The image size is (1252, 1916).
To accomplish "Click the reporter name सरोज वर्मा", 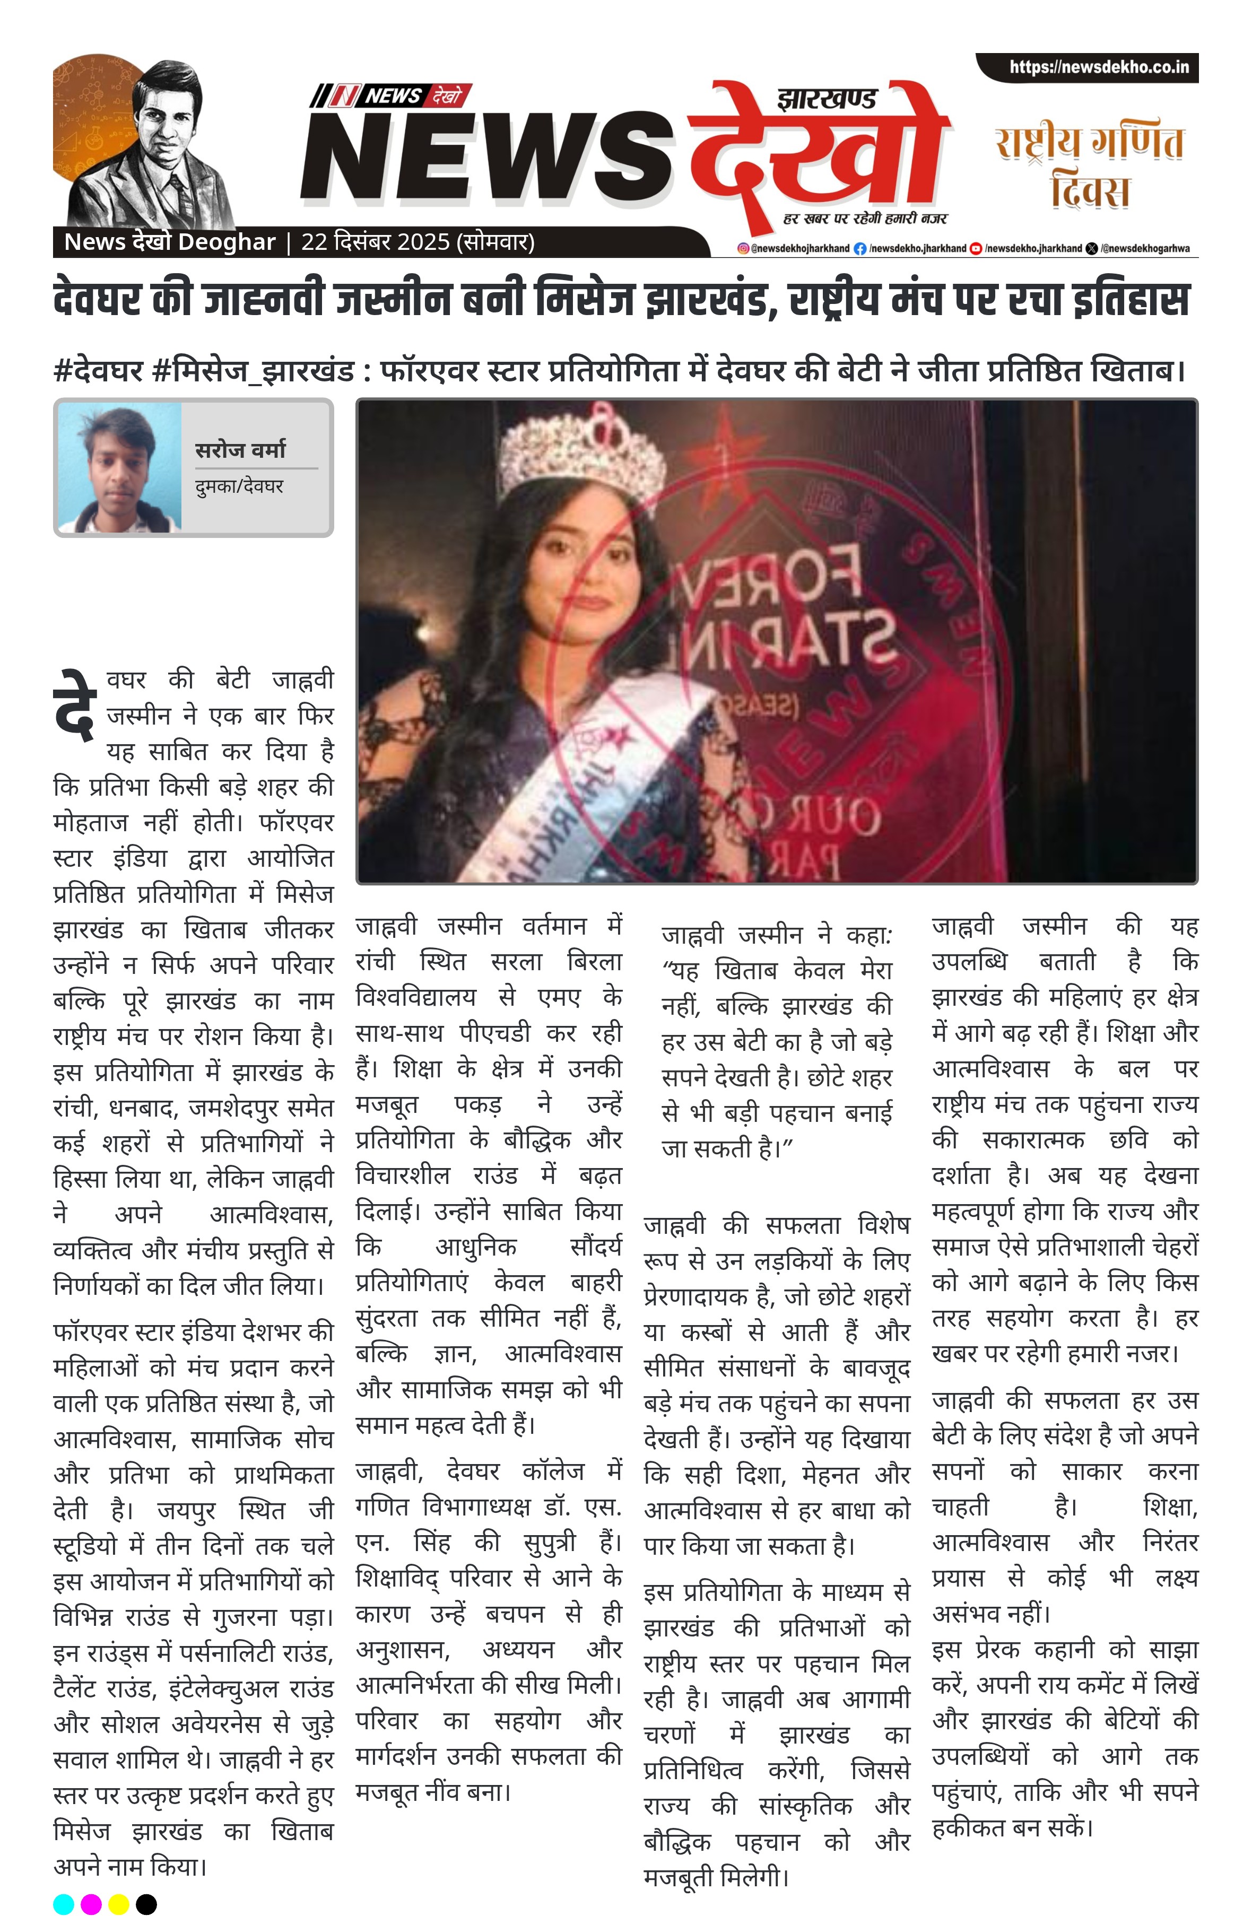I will pos(240,449).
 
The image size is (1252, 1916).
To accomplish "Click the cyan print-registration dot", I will pos(64,1904).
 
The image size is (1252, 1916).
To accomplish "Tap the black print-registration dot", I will pos(146,1904).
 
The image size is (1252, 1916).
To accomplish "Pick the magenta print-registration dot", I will pos(91,1904).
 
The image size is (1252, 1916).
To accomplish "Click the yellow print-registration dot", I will pos(118,1904).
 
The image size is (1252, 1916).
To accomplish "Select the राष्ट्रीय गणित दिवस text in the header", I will pos(1089,165).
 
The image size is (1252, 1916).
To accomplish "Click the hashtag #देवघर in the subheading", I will pos(98,371).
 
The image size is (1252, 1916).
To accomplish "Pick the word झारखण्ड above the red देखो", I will pos(825,100).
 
